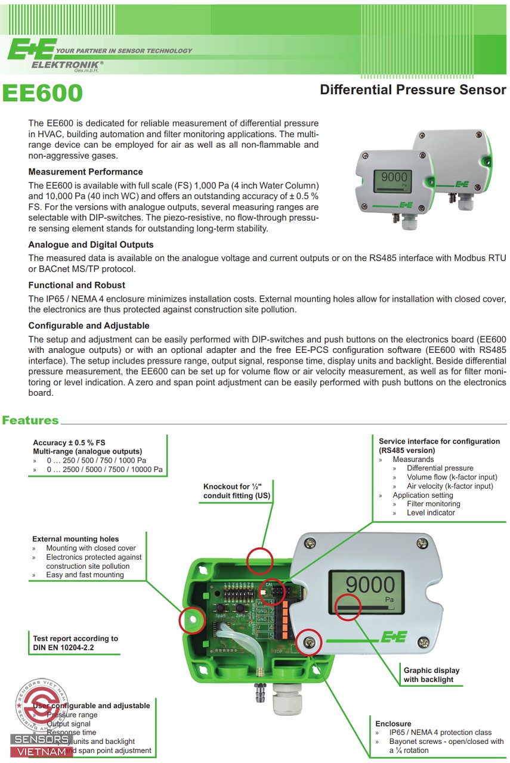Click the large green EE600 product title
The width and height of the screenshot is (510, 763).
click(42, 94)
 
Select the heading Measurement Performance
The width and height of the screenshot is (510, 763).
click(85, 172)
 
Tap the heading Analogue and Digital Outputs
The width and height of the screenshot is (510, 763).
click(91, 244)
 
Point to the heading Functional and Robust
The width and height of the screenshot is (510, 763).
click(76, 285)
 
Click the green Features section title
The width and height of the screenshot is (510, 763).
click(30, 420)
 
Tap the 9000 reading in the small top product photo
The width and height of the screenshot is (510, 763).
click(394, 177)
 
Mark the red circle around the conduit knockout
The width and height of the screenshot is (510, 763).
click(259, 560)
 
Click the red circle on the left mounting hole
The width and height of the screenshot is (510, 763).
click(193, 621)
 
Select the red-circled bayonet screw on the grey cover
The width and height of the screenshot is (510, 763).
click(309, 641)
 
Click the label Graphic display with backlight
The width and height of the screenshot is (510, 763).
click(431, 675)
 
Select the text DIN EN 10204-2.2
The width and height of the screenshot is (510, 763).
click(64, 647)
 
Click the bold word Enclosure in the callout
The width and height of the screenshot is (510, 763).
click(393, 724)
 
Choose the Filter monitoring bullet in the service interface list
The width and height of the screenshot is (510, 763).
click(434, 504)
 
